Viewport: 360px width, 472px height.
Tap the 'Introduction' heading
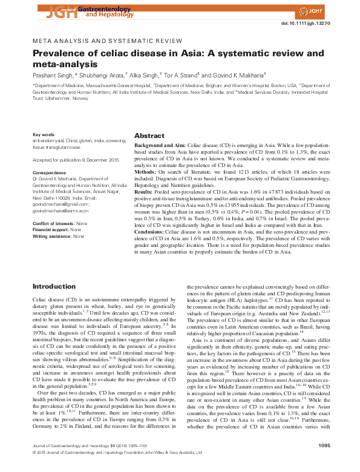point(54,286)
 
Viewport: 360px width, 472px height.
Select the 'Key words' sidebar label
point(43,134)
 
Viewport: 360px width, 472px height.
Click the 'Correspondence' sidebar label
point(50,172)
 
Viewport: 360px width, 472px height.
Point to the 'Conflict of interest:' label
point(53,224)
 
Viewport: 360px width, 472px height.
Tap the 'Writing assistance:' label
point(51,235)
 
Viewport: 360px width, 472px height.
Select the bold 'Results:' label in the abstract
point(145,191)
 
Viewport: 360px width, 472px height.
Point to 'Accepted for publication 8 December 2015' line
point(71,160)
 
